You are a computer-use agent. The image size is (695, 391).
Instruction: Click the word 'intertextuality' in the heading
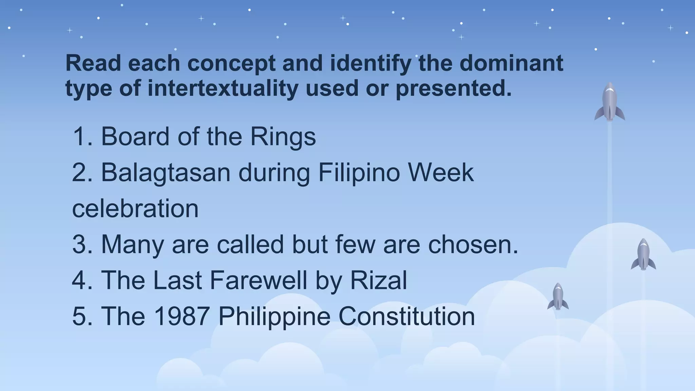223,88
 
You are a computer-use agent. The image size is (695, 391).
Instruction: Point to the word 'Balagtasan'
166,173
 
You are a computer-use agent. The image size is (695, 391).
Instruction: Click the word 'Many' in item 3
132,245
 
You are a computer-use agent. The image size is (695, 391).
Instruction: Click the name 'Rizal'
378,280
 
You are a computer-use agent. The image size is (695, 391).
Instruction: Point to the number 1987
181,316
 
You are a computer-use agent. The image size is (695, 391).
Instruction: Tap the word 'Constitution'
407,316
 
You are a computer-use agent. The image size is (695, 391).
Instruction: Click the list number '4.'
82,280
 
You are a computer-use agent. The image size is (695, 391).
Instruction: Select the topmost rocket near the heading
609,102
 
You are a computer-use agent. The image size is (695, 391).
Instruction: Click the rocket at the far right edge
643,255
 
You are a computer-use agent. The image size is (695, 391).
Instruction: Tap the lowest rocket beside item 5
558,297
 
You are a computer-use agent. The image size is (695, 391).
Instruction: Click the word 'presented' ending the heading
453,88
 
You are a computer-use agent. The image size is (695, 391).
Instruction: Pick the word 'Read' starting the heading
93,63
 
